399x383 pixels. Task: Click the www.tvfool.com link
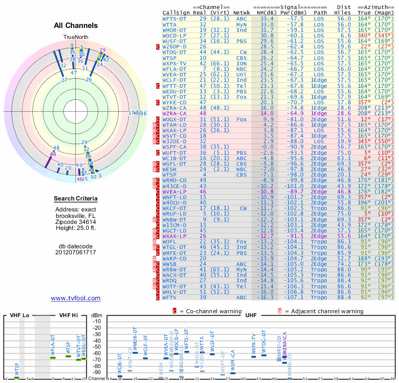[76, 298]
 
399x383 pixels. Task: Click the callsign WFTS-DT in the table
[175, 18]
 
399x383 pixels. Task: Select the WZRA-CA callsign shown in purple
[175, 113]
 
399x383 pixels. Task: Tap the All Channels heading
[76, 25]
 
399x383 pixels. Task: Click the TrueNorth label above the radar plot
[75, 37]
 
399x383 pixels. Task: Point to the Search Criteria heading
[76, 199]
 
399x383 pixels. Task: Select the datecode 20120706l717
[76, 252]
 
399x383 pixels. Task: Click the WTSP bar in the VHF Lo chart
[16, 378]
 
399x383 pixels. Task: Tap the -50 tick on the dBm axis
[97, 347]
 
